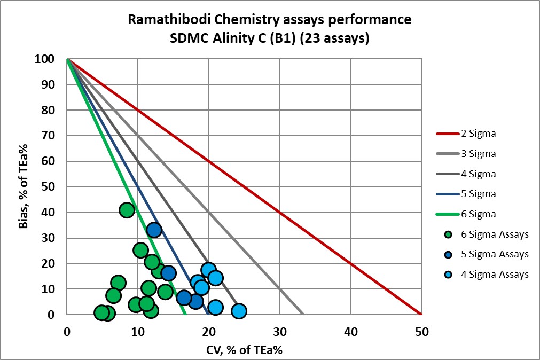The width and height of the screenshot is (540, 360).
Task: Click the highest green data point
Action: coord(127,210)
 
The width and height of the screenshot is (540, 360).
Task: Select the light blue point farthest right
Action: coord(239,311)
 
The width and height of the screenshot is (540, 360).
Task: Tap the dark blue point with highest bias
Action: coord(154,230)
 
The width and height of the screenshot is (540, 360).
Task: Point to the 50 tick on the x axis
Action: coord(421,332)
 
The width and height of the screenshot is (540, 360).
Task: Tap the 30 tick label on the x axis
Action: coord(279,332)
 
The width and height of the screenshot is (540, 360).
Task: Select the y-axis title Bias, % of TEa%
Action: coord(23,187)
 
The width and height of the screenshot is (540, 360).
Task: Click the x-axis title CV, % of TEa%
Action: coord(244,350)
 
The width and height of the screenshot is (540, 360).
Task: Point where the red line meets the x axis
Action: coord(421,315)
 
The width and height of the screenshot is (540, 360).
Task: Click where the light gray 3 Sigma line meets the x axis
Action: coord(303,315)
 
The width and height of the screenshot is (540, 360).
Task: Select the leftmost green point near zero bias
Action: coord(101,312)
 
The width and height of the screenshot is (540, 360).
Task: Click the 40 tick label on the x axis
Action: coord(350,332)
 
